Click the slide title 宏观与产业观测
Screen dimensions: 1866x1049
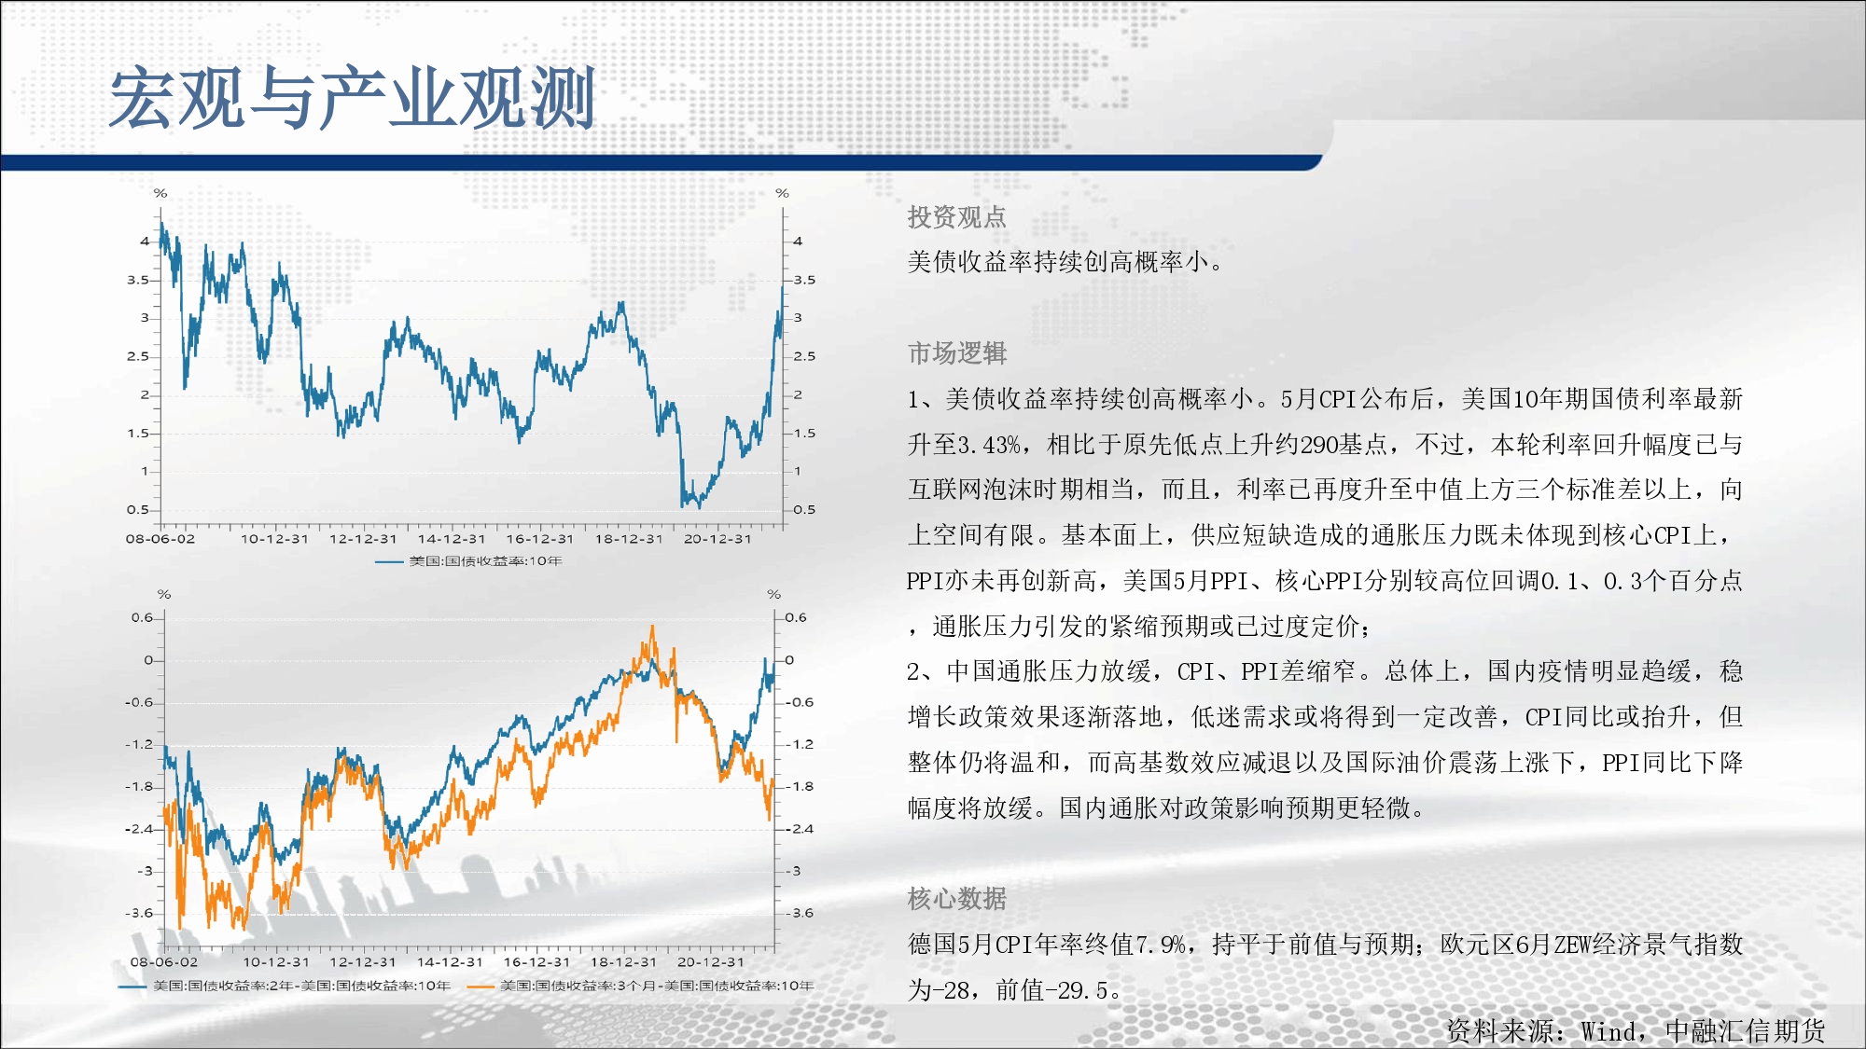coord(353,98)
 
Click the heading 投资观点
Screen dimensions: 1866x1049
coord(956,217)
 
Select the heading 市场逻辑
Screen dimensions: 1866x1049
coord(956,353)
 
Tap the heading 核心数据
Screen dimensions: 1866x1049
coord(956,899)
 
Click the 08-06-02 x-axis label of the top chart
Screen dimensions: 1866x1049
coord(160,539)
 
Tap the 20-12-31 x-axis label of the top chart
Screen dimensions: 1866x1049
coord(717,539)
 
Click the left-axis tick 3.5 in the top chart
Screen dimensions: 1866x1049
coord(138,280)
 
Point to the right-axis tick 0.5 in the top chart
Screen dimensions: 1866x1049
coord(804,510)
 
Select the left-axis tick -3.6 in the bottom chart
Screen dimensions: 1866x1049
coord(138,914)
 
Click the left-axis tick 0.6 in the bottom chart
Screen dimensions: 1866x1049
coord(142,617)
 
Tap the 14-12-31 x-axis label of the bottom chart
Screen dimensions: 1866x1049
coord(450,962)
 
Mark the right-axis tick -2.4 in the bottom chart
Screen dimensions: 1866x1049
coord(800,829)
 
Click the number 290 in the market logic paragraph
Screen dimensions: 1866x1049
coord(1319,445)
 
